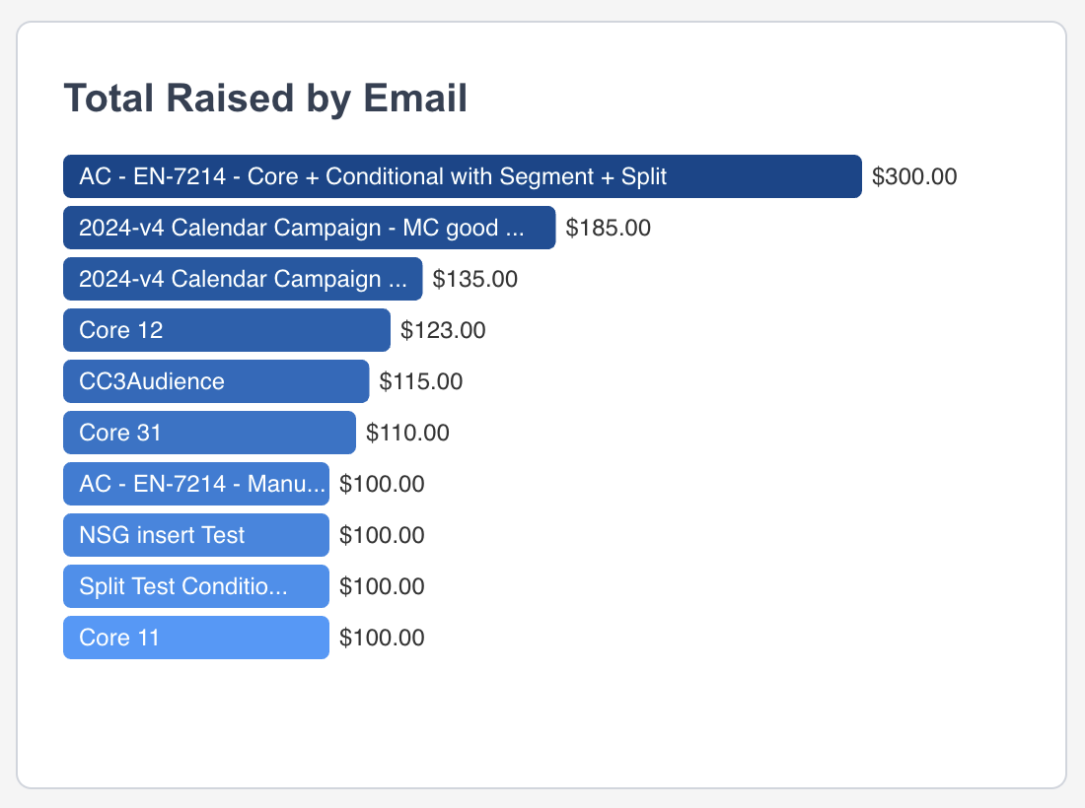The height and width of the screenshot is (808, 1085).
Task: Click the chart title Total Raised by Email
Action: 265,99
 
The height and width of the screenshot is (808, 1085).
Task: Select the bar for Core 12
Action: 227,330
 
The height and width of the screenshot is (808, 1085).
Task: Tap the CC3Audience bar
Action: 216,381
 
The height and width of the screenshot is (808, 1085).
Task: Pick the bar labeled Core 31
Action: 209,433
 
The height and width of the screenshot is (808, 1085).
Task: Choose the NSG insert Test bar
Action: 196,535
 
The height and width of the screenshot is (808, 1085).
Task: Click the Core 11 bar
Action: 196,638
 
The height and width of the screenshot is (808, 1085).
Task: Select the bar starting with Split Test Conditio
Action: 196,586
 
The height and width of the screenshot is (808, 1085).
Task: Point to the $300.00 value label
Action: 914,176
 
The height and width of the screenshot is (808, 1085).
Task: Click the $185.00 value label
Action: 608,228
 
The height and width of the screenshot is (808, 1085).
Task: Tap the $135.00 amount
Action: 474,279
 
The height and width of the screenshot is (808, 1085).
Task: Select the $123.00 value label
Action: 443,330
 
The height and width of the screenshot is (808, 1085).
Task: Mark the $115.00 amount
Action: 421,381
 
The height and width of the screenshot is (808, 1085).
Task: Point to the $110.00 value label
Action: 407,433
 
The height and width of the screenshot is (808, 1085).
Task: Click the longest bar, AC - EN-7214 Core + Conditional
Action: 463,176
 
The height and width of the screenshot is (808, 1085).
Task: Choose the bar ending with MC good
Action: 310,228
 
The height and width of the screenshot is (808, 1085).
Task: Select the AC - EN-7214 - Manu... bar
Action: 196,484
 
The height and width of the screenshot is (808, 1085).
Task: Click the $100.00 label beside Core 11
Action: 382,638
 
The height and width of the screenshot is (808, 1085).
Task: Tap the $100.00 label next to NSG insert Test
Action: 382,535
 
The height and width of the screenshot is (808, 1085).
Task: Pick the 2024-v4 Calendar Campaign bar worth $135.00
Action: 243,279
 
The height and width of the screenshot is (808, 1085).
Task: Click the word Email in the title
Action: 415,99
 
